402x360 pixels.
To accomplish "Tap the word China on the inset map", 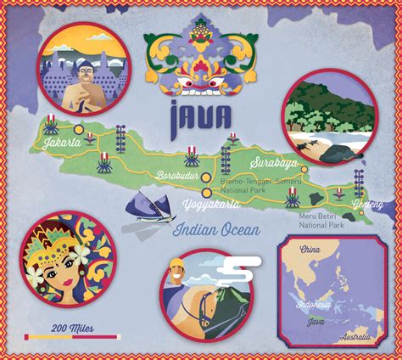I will (x=310, y=250).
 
